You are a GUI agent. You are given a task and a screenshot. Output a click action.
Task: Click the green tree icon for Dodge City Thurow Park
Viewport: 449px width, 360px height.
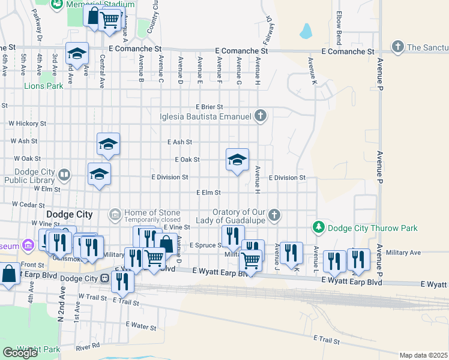click(319, 227)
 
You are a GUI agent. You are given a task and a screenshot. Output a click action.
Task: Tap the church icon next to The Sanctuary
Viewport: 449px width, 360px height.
click(397, 46)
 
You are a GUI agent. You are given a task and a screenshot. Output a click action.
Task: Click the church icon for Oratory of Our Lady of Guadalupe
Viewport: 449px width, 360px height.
click(274, 215)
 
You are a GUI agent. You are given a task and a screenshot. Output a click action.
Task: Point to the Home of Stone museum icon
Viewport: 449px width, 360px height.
click(115, 214)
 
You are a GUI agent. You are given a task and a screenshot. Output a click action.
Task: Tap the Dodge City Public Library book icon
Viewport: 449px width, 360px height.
click(64, 175)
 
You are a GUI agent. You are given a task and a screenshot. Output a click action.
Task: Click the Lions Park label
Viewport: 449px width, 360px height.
click(43, 86)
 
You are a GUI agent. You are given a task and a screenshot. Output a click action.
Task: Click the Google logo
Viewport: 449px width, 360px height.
click(20, 353)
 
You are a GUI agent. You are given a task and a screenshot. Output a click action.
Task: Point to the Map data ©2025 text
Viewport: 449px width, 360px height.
click(423, 355)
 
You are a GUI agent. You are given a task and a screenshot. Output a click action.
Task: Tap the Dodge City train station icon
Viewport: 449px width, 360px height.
click(104, 278)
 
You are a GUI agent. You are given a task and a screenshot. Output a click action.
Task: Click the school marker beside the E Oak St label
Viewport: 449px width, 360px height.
click(237, 160)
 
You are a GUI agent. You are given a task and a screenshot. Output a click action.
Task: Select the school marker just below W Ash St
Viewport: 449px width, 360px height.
click(108, 144)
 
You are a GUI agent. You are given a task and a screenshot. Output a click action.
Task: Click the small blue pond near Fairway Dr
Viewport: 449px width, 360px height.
click(306, 30)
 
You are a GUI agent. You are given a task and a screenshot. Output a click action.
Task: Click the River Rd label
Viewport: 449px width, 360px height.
click(88, 347)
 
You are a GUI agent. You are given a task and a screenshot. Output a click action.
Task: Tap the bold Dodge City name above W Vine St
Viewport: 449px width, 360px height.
click(69, 214)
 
